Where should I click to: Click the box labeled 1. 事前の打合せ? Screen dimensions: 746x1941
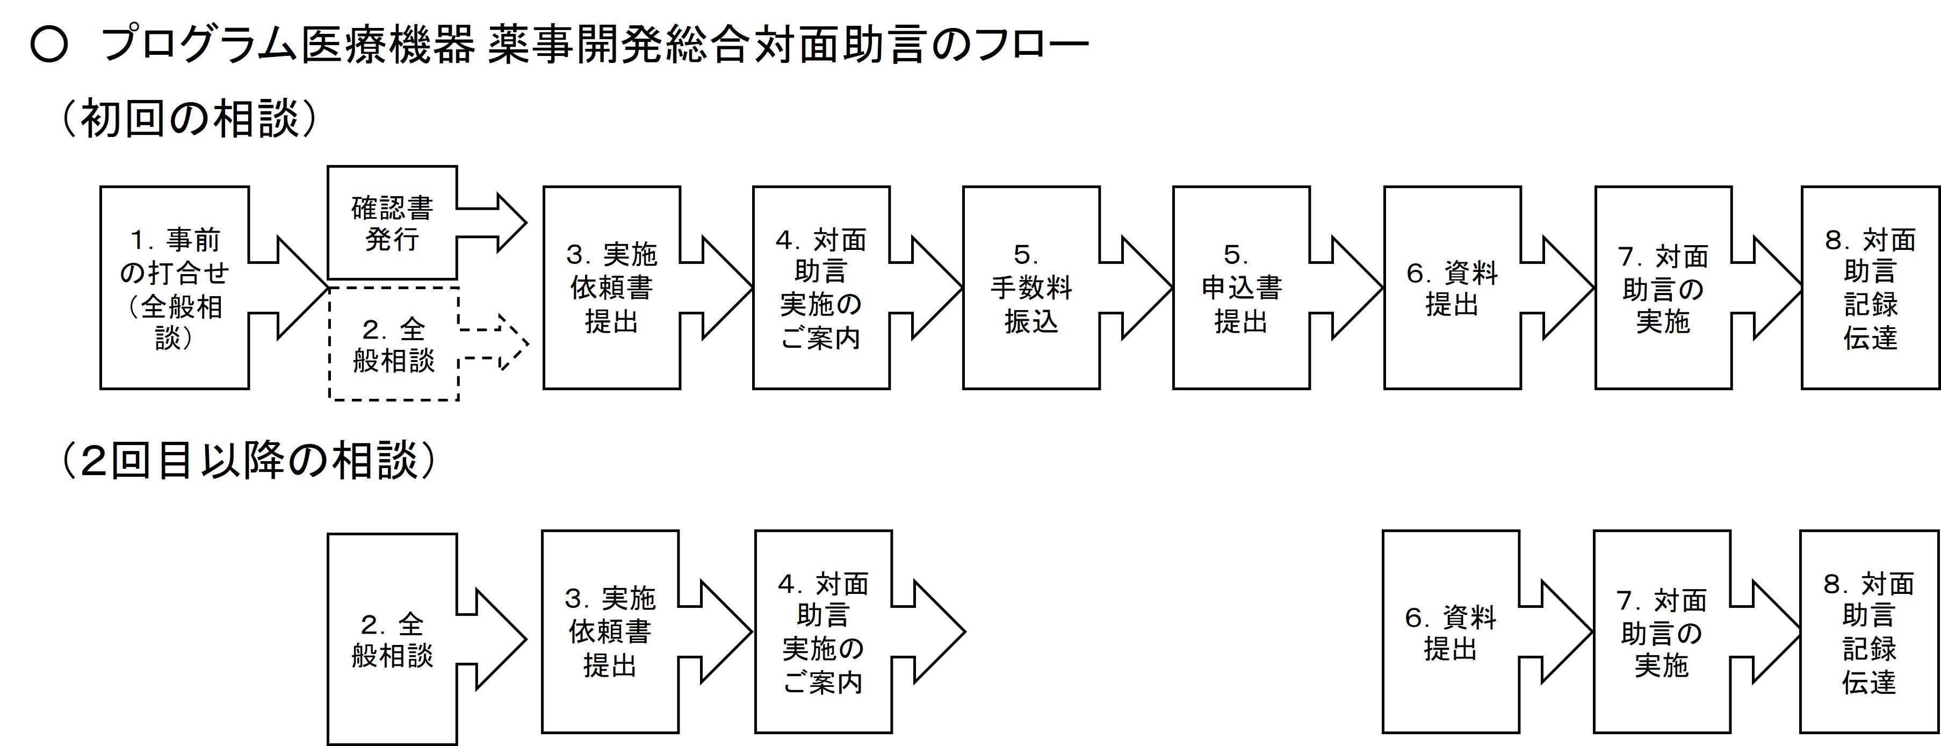tap(174, 288)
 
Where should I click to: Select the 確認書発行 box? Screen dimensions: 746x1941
tap(392, 223)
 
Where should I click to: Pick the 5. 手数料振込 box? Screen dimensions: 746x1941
tap(1031, 288)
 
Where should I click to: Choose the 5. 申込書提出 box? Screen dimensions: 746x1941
tap(1241, 288)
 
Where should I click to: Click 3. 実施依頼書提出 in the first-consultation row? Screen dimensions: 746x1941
tap(611, 288)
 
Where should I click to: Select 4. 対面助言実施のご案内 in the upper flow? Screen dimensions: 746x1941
tap(820, 288)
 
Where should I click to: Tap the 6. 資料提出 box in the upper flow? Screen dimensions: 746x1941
tap(1452, 288)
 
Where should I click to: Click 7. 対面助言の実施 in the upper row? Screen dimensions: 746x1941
tap(1662, 288)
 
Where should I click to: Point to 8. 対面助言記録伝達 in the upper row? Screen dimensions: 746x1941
tap(1870, 288)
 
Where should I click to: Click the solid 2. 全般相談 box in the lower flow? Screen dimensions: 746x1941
tap(392, 639)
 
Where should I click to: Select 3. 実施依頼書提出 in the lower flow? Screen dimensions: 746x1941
tap(610, 632)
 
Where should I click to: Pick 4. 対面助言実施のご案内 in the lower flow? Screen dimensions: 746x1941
tap(823, 632)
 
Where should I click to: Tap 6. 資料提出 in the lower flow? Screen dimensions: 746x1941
tap(1451, 632)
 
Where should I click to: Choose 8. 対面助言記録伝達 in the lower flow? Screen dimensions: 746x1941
tap(1868, 632)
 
